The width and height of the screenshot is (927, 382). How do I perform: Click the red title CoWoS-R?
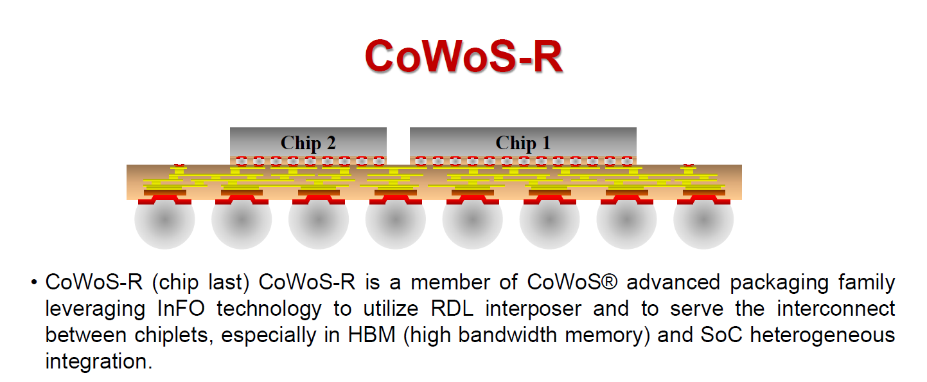464,57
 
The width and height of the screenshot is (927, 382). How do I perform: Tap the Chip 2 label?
308,143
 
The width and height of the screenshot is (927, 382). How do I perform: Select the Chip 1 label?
523,143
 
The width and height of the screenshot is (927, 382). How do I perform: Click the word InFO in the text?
181,309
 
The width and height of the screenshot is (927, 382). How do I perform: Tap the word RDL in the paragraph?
452,309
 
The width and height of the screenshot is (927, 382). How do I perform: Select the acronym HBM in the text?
371,335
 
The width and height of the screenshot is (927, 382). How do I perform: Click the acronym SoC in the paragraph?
721,335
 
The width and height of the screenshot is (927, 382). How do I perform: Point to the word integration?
99,361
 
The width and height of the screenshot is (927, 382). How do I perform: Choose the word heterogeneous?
823,335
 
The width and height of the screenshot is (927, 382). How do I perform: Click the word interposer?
533,309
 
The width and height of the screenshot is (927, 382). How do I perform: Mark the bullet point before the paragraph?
34,282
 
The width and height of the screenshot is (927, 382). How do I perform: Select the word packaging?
779,283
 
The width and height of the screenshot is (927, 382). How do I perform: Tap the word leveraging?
95,309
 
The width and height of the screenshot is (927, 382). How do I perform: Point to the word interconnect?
836,309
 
